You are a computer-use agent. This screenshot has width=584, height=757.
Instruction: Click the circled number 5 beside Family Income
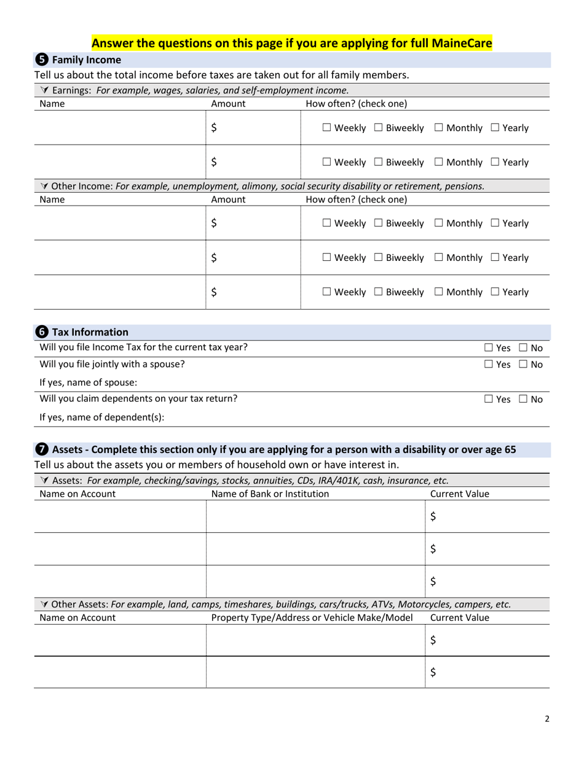coord(41,60)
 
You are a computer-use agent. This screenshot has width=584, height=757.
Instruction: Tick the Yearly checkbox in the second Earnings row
coord(495,162)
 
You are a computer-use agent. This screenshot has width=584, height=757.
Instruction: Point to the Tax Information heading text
coord(90,332)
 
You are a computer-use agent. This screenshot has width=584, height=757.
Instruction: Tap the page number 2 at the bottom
coord(547,718)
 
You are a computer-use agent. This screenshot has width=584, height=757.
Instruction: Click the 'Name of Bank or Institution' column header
coord(270,494)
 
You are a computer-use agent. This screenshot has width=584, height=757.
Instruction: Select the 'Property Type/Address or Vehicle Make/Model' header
coord(312,618)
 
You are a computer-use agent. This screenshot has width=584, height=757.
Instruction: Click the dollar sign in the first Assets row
coord(433,517)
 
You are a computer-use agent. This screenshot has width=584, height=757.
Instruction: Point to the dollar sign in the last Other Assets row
coord(433,672)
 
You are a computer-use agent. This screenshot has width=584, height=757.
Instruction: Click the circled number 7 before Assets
coord(41,449)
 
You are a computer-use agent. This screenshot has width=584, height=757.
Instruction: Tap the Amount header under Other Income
coord(228,199)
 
